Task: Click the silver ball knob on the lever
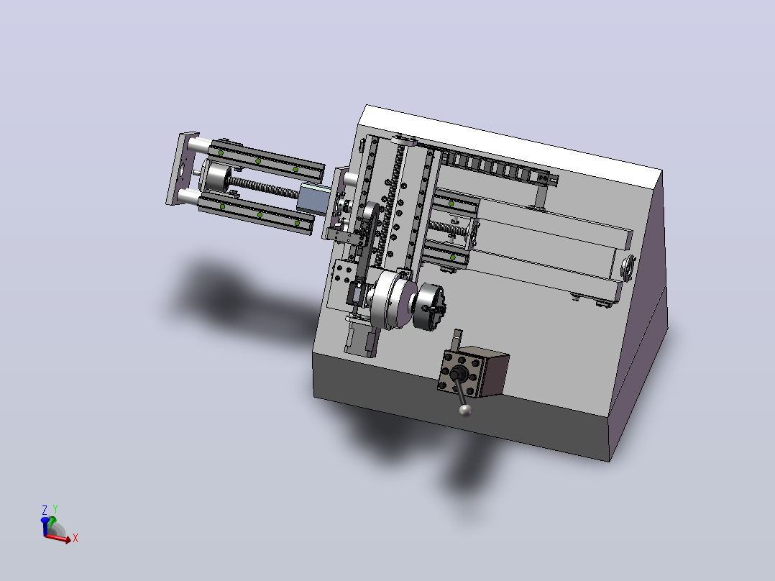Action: pyautogui.click(x=465, y=411)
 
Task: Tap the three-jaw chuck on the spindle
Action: pyautogui.click(x=428, y=306)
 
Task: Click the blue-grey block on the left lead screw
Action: pyautogui.click(x=314, y=198)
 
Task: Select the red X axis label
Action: pyautogui.click(x=75, y=538)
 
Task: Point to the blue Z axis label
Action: pyautogui.click(x=45, y=510)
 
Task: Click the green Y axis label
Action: pyautogui.click(x=55, y=509)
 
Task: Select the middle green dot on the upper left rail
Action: pyautogui.click(x=258, y=161)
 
